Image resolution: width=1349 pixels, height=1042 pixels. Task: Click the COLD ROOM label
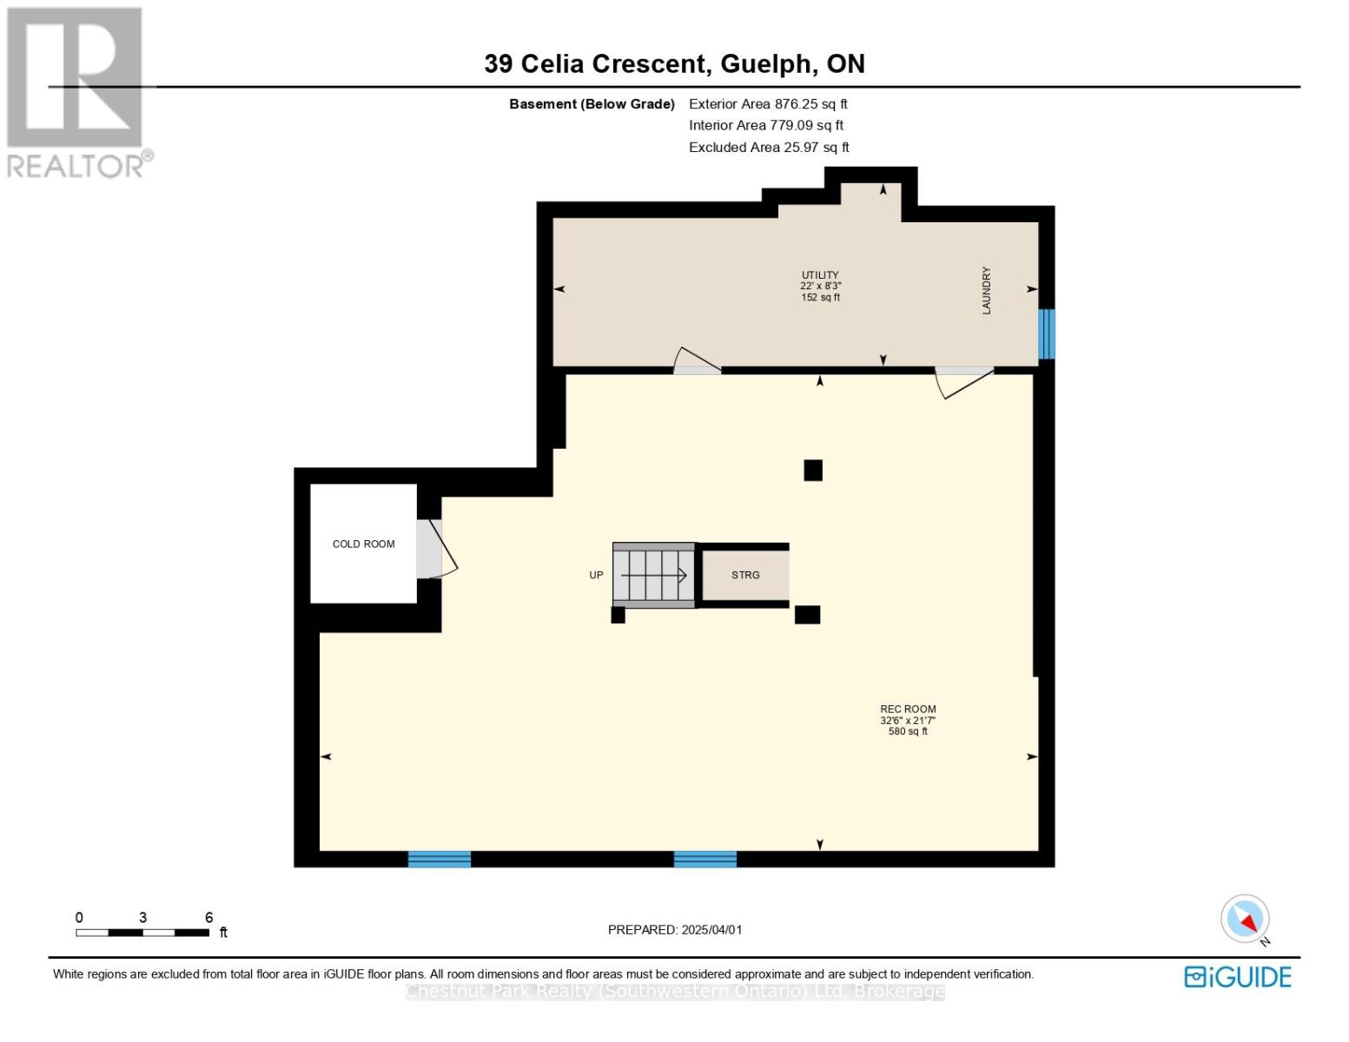pos(363,544)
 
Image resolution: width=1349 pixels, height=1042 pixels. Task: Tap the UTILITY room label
pos(820,275)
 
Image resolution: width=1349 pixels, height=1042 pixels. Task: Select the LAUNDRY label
pos(986,290)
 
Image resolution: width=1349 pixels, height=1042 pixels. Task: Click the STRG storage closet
pos(745,575)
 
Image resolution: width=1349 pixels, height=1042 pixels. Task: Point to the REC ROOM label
pos(908,709)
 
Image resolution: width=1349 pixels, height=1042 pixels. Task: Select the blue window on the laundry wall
pos(1047,334)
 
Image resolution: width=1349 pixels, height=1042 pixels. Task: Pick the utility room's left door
pos(698,363)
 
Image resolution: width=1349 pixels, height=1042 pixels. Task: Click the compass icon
pos(1245,919)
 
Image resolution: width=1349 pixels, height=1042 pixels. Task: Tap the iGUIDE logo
pos(1237,977)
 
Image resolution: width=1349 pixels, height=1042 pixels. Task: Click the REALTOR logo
pos(76,91)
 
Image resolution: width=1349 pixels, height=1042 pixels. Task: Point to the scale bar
pos(142,933)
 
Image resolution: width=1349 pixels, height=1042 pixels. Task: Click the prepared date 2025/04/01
pos(675,929)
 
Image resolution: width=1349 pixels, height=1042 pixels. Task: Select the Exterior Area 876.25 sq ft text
pos(768,103)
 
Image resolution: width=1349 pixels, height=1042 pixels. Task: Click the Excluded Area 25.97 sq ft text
pos(769,147)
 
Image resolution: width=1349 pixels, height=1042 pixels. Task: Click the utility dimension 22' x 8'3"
pos(820,286)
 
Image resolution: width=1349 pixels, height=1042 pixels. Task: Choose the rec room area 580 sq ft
pos(908,731)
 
